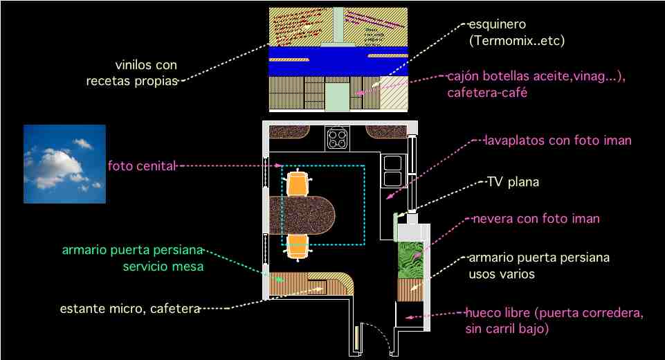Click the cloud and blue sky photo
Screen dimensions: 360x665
64,164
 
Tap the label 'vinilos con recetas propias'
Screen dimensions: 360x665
131,73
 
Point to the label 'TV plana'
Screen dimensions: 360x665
513,183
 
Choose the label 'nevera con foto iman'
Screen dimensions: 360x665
536,219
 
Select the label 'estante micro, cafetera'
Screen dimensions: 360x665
130,308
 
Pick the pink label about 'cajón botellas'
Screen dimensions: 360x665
536,84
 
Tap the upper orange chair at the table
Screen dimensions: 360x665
298,183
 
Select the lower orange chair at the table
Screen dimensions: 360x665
298,246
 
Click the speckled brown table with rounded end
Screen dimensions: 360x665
304,214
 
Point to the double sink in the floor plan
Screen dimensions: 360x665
392,170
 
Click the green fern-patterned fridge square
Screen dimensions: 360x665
410,255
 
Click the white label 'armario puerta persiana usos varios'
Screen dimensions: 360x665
539,266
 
